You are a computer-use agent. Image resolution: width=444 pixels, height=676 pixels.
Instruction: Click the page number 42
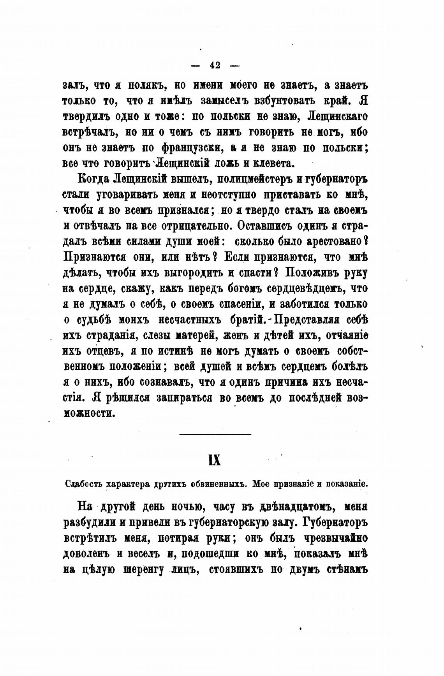coord(215,65)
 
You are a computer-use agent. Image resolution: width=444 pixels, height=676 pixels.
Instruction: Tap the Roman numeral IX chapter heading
coord(215,460)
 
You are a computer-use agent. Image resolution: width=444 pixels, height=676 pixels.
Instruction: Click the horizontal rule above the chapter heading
coord(215,434)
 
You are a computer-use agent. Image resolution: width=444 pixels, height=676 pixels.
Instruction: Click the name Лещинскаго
coord(337,116)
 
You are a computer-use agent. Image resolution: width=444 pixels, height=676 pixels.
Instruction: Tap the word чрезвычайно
coord(338,539)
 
